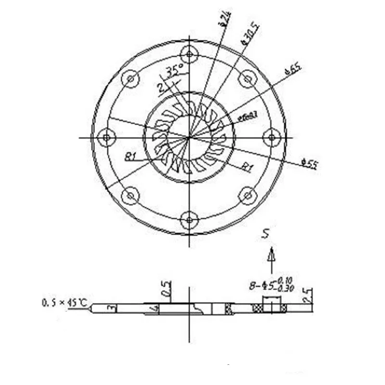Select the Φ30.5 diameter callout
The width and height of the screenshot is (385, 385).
(251, 34)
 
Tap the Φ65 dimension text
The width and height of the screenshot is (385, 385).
(293, 69)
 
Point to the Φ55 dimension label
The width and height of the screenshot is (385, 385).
(309, 164)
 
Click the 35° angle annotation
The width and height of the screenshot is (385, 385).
(173, 71)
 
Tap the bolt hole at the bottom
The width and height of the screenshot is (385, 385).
(189, 220)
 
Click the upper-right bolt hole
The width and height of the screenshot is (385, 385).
(248, 78)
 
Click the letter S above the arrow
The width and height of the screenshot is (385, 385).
(265, 234)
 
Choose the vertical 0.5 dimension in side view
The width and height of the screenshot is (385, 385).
(166, 290)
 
